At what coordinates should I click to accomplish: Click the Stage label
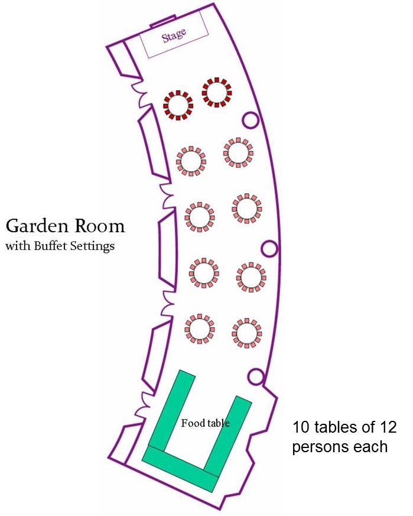(x=174, y=36)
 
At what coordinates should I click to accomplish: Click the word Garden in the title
(x=39, y=226)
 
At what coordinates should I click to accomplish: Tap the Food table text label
(x=205, y=423)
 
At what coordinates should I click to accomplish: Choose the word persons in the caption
(x=320, y=446)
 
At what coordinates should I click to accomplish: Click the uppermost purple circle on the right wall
(x=250, y=121)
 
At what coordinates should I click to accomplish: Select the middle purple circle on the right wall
(x=269, y=248)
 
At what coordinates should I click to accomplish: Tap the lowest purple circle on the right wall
(x=256, y=375)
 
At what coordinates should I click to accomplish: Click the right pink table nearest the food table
(x=246, y=332)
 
